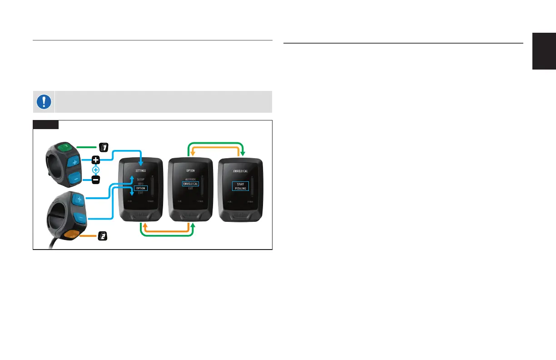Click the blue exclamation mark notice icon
tap(44, 101)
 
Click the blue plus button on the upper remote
tap(74, 161)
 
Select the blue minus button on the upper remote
tap(75, 177)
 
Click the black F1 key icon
tap(104, 147)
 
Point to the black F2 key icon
tap(104, 236)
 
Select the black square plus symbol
tap(96, 160)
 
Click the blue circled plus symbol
tap(96, 170)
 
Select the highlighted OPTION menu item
tap(140, 188)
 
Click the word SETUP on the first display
tap(140, 180)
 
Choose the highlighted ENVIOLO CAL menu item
tap(190, 184)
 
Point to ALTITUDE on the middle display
tap(190, 179)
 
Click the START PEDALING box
tap(240, 186)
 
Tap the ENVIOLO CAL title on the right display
tap(240, 170)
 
